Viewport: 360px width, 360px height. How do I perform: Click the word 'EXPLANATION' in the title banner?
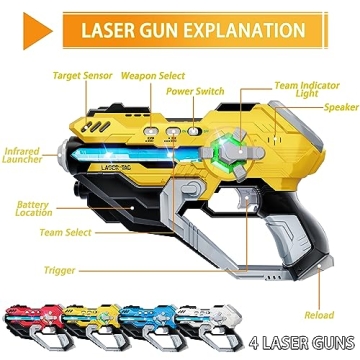click(x=216, y=29)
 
